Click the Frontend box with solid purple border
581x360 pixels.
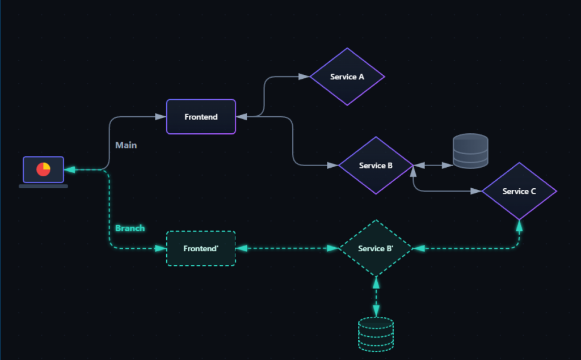pyautogui.click(x=201, y=117)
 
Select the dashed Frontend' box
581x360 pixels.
pyautogui.click(x=201, y=248)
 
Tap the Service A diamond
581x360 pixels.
pyautogui.click(x=347, y=77)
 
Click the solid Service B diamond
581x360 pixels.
pyautogui.click(x=376, y=166)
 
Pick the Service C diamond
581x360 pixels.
pyautogui.click(x=519, y=191)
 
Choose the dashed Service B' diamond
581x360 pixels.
pyautogui.click(x=376, y=248)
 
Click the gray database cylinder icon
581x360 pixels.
pyautogui.click(x=470, y=151)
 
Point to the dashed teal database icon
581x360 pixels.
pyautogui.click(x=376, y=334)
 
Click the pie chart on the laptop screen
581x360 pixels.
pyautogui.click(x=43, y=169)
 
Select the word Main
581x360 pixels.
pyautogui.click(x=126, y=145)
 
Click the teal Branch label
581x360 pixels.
pyautogui.click(x=130, y=228)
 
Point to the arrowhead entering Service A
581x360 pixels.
pyautogui.click(x=305, y=77)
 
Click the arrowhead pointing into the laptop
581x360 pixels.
pyautogui.click(x=70, y=169)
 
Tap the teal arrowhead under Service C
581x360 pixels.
pyautogui.click(x=519, y=226)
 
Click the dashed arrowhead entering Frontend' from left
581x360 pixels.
pyautogui.click(x=161, y=248)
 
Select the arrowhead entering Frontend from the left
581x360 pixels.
pyautogui.click(x=161, y=117)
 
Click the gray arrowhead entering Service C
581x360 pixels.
pyautogui.click(x=476, y=191)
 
